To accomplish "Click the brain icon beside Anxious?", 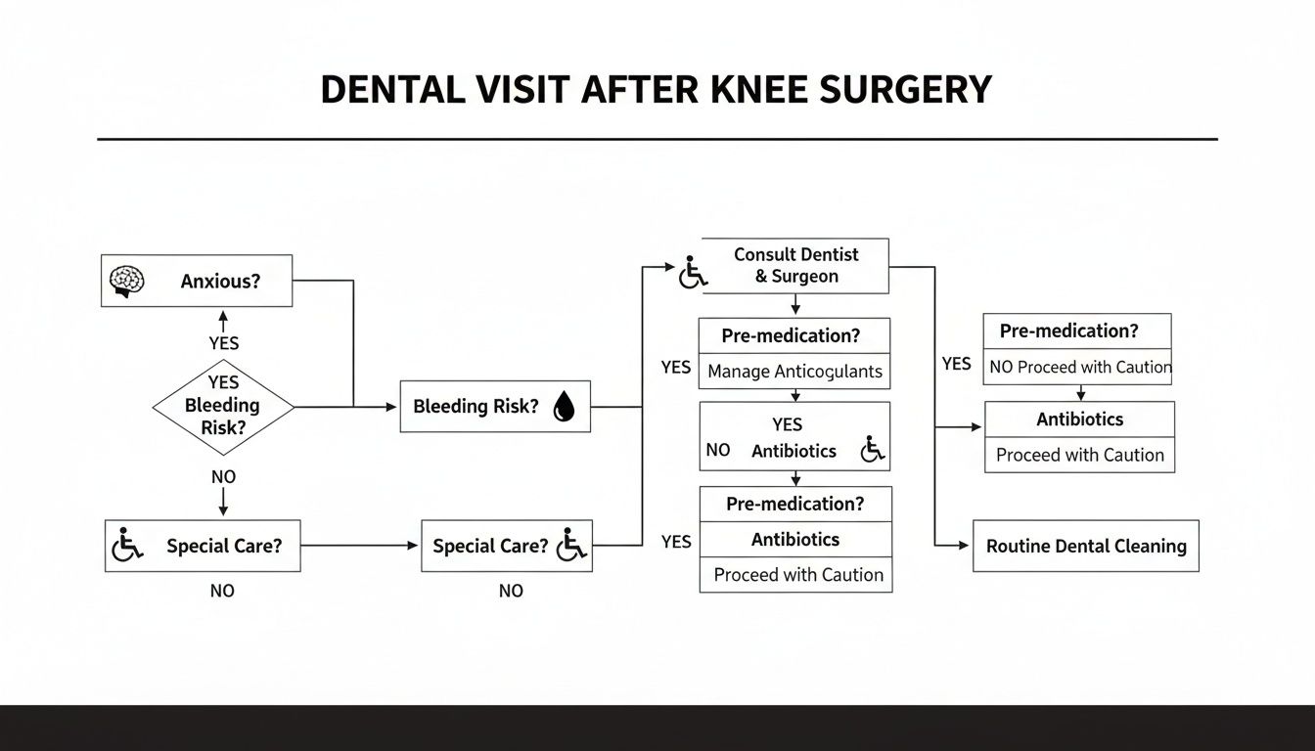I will click(125, 281).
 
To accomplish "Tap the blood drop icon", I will click(564, 407).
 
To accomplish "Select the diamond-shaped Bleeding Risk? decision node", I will click(223, 407).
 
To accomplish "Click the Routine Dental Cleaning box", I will click(1085, 546).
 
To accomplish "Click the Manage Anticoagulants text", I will click(794, 372).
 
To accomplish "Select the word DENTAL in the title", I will click(389, 90).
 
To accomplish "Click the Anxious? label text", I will click(221, 282).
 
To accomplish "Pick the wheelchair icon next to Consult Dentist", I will click(693, 273).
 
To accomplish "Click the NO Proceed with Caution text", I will click(1080, 368).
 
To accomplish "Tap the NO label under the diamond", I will click(223, 477).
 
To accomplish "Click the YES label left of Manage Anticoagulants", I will click(675, 368).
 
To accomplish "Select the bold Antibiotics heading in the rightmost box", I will click(1079, 420).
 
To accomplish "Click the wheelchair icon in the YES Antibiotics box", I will click(872, 450).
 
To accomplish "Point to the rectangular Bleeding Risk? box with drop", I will click(495, 407).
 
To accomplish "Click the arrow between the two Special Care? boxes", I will click(360, 546).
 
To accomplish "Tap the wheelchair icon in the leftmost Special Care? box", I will click(127, 545).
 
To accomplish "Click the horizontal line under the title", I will click(657, 140).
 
